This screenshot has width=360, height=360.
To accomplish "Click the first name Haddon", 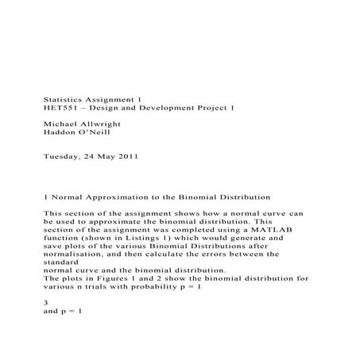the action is click(61, 134).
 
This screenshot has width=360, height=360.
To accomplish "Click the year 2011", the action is click(126, 157).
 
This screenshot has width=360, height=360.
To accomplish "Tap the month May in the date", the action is click(105, 157).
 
